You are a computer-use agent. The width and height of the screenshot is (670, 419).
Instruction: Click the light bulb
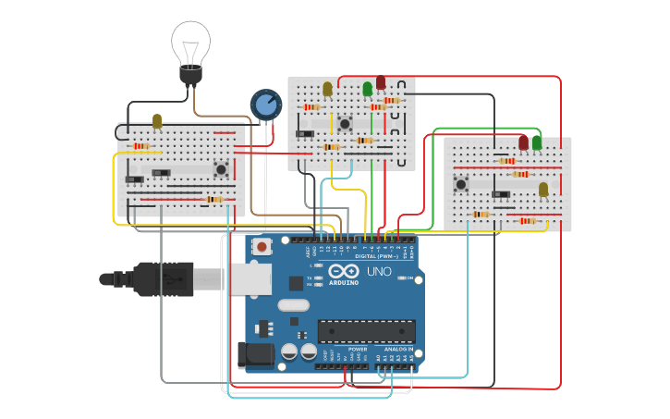coord(190,48)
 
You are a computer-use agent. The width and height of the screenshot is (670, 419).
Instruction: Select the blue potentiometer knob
coord(265,105)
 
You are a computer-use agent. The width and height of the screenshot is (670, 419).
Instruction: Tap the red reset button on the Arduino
coord(262,247)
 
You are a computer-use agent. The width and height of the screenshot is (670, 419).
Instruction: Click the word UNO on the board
coord(379,272)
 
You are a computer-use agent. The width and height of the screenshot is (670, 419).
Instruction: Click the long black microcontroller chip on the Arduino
coord(366,331)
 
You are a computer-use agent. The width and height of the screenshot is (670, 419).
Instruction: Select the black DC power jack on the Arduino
coord(255,355)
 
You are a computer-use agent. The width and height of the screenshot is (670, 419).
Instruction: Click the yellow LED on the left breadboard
coord(157,121)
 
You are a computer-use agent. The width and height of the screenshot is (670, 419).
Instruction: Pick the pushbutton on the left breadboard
coord(221,169)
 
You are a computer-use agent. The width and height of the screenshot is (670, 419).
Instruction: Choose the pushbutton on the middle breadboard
coord(345,123)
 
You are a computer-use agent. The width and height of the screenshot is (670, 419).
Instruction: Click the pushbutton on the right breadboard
coord(460,184)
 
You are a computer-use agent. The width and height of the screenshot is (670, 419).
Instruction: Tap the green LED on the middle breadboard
coord(368,89)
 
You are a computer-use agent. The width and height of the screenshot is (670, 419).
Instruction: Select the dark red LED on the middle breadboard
coord(381,83)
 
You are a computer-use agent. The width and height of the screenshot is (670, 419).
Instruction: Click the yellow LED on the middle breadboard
coord(327,89)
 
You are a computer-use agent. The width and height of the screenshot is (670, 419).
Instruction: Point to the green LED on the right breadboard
coord(537,142)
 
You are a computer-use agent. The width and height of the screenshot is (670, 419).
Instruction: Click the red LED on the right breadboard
coord(523,142)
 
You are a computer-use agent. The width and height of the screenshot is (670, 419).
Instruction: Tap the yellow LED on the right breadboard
coord(543,189)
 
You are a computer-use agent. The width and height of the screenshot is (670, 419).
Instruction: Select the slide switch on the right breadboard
coord(502,194)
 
